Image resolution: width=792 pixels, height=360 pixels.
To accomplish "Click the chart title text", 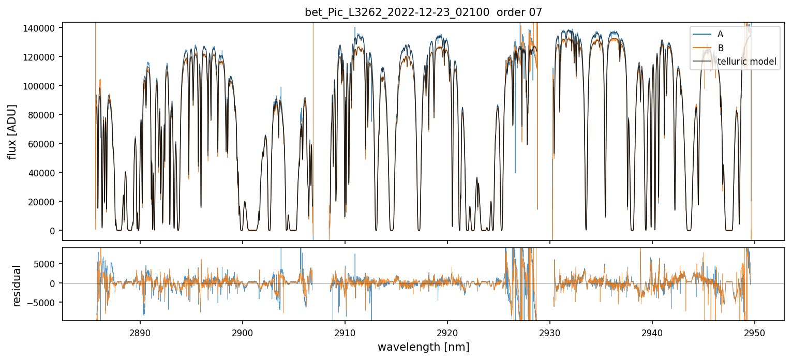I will tap(423, 12).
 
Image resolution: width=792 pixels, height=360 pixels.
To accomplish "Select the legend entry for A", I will tap(720, 35).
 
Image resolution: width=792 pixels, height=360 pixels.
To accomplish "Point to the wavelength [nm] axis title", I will tap(423, 347).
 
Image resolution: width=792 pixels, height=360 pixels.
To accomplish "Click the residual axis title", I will tap(17, 286).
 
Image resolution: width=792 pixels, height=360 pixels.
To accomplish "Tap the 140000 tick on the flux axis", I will tap(39, 28).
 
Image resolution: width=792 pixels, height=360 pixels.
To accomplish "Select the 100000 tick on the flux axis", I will tap(39, 86).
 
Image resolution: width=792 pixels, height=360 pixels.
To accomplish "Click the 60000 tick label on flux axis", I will tap(41, 144).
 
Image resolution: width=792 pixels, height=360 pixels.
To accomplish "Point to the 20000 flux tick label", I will tap(41, 202).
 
